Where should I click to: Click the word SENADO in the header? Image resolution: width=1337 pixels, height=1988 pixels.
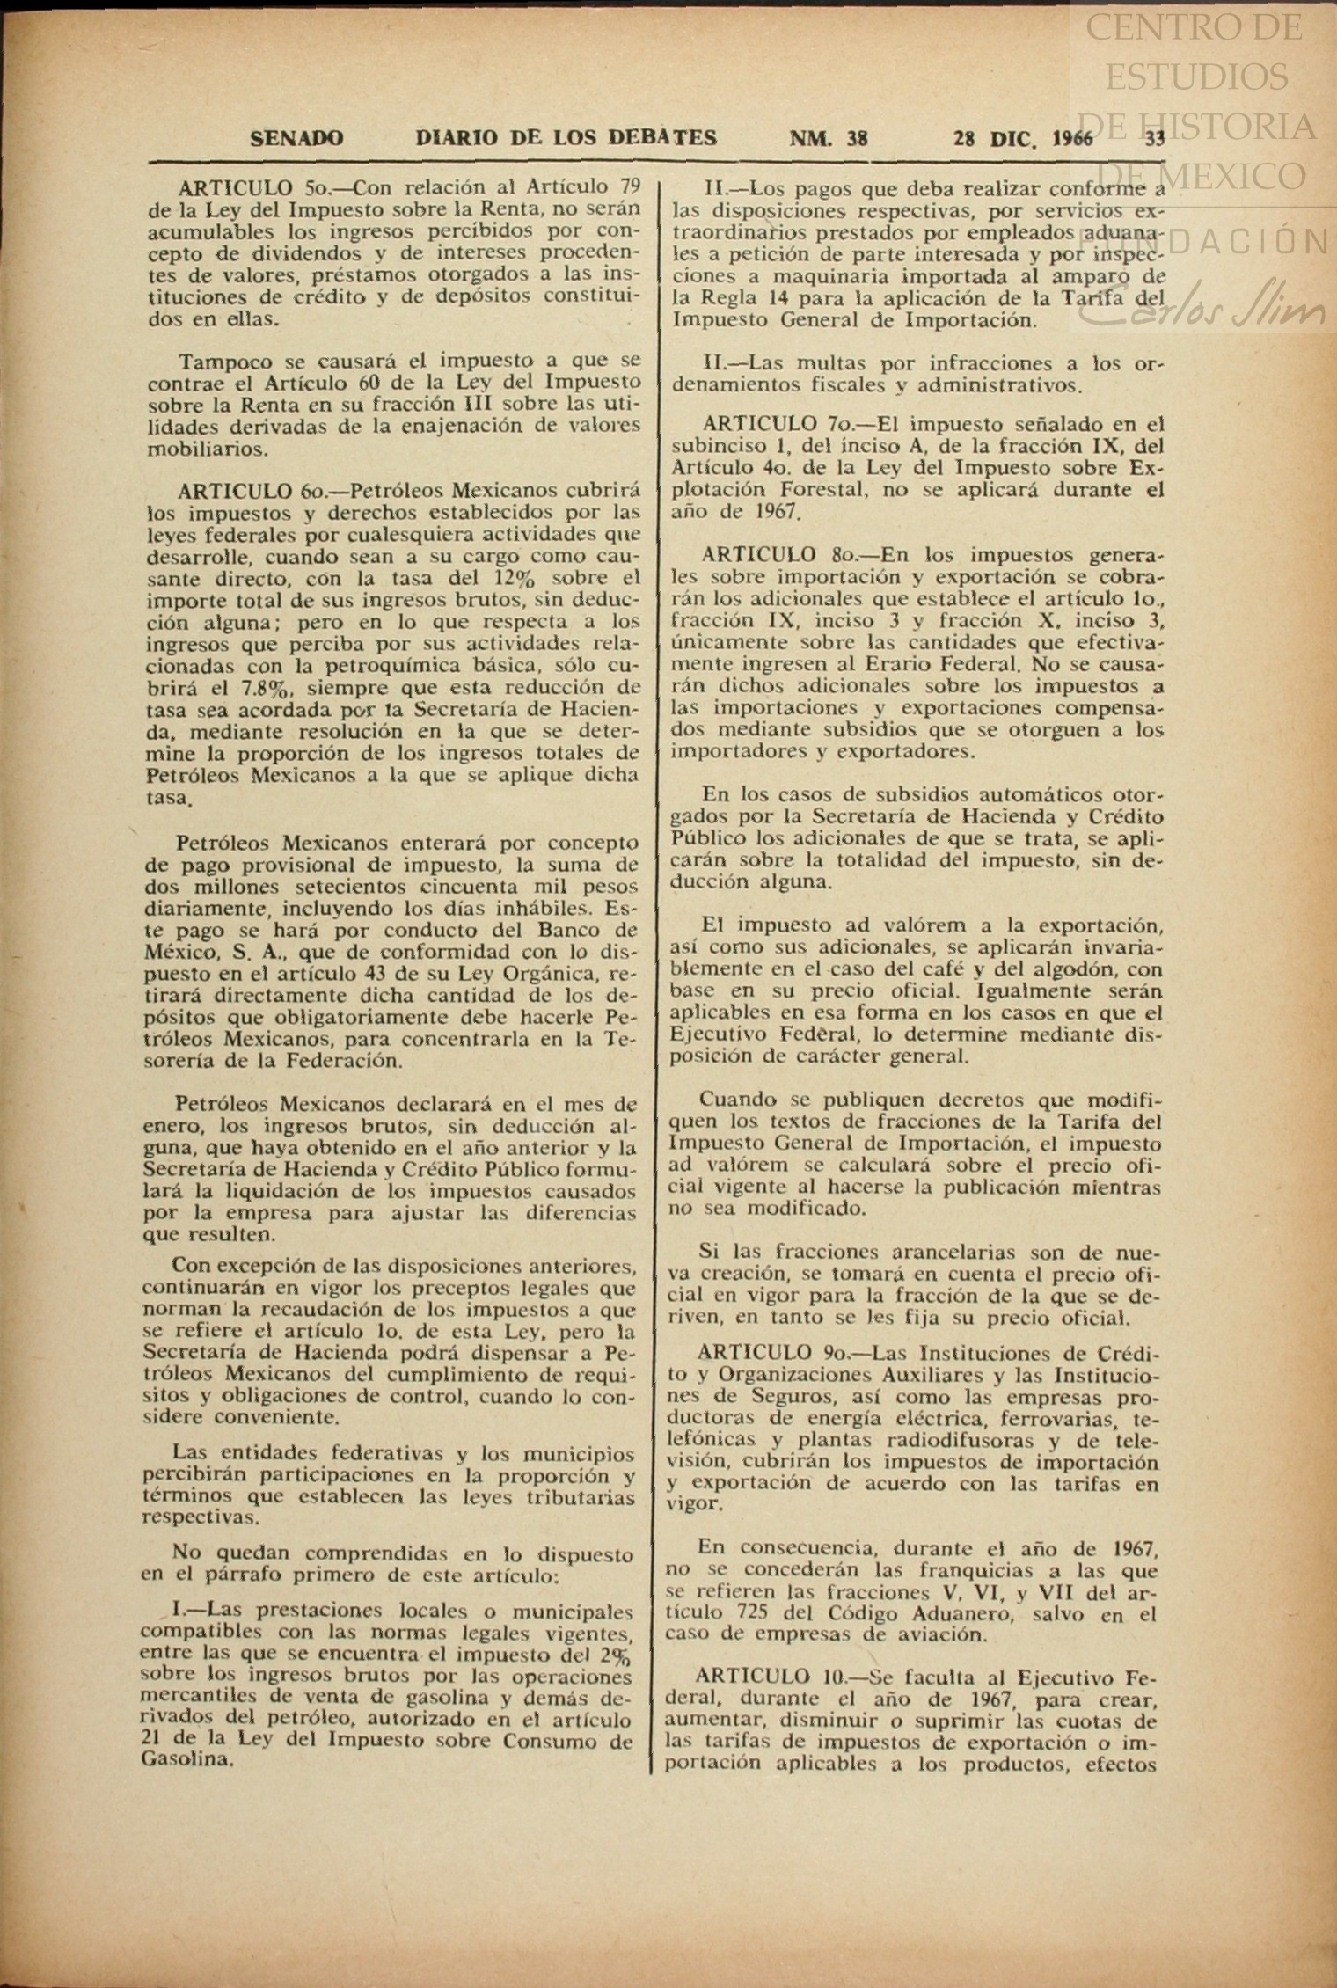click(x=297, y=138)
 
